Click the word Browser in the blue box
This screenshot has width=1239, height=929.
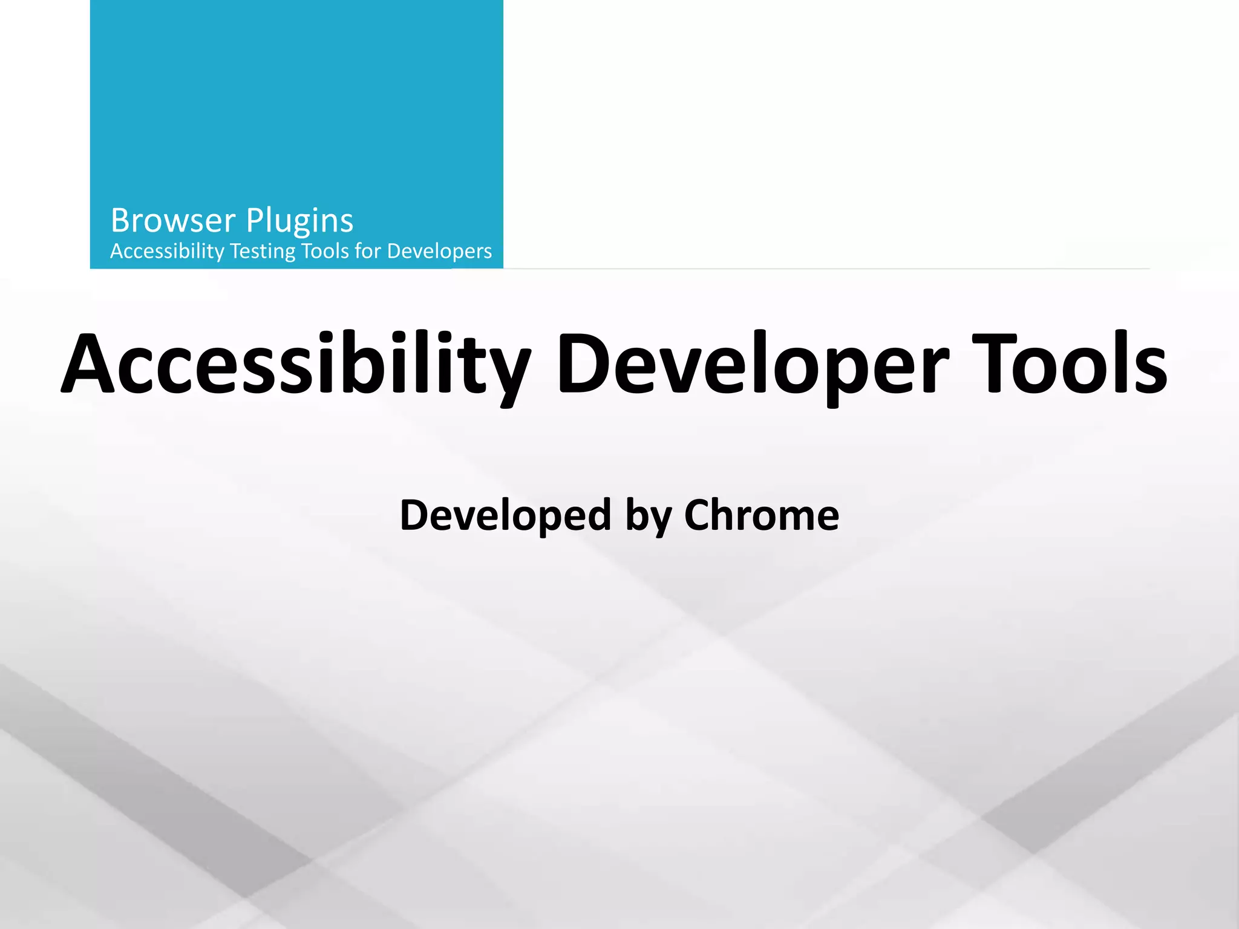pyautogui.click(x=172, y=221)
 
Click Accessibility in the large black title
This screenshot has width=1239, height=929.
pyautogui.click(x=296, y=365)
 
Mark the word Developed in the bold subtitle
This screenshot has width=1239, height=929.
pyautogui.click(x=505, y=515)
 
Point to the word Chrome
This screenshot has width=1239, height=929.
pyautogui.click(x=762, y=515)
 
